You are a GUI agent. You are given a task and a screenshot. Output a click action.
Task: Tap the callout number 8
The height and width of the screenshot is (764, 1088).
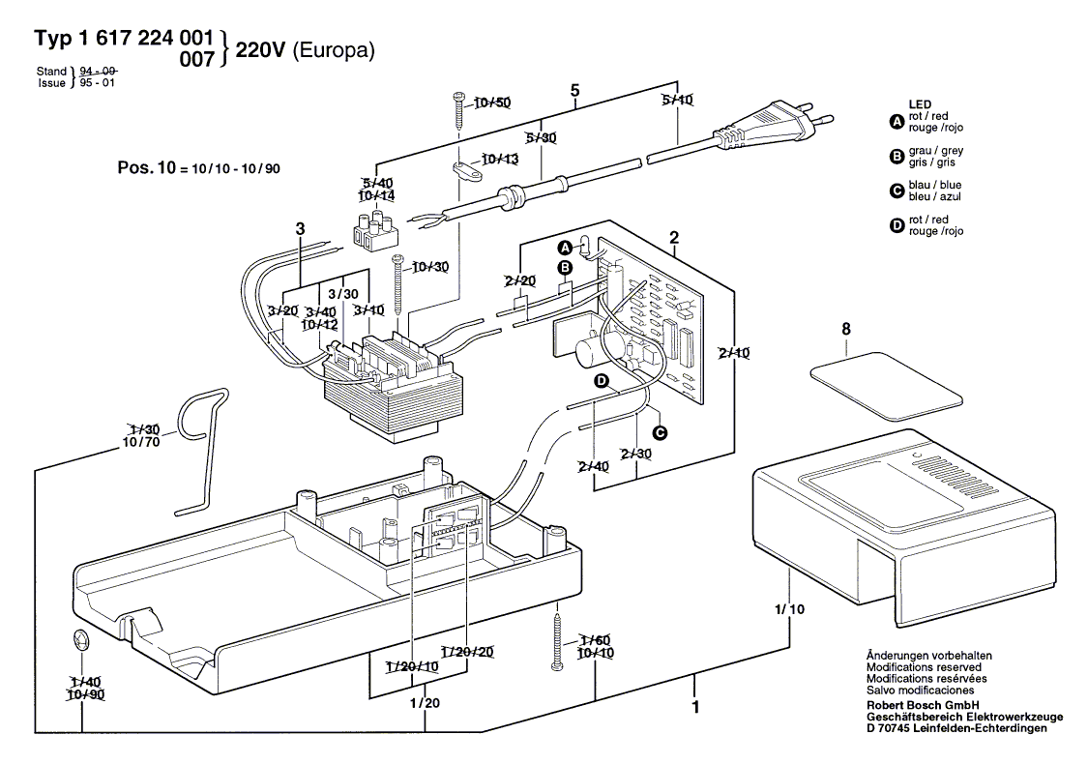pyautogui.click(x=846, y=330)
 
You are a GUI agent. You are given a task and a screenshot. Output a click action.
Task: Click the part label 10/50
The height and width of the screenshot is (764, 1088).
pyautogui.click(x=491, y=103)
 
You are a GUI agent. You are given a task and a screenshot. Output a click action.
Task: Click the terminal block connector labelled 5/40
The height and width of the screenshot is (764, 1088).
pyautogui.click(x=373, y=232)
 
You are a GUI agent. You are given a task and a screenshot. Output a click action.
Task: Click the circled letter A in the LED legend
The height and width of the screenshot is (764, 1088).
pyautogui.click(x=896, y=122)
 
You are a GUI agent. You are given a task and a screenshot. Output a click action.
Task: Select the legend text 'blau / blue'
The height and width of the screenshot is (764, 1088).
pyautogui.click(x=935, y=185)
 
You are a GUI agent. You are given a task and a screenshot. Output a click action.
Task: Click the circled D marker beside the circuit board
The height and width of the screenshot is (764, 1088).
pyautogui.click(x=601, y=382)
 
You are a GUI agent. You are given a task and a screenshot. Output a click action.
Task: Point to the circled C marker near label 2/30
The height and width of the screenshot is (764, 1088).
pyautogui.click(x=661, y=432)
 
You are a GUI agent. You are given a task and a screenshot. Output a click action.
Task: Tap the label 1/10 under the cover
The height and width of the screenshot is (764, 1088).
pyautogui.click(x=789, y=609)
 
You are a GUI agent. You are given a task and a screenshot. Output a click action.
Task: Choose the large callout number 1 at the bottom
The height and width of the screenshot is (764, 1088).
pyautogui.click(x=694, y=707)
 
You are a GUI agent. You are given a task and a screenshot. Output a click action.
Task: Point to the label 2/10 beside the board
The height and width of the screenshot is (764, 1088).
pyautogui.click(x=735, y=353)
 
